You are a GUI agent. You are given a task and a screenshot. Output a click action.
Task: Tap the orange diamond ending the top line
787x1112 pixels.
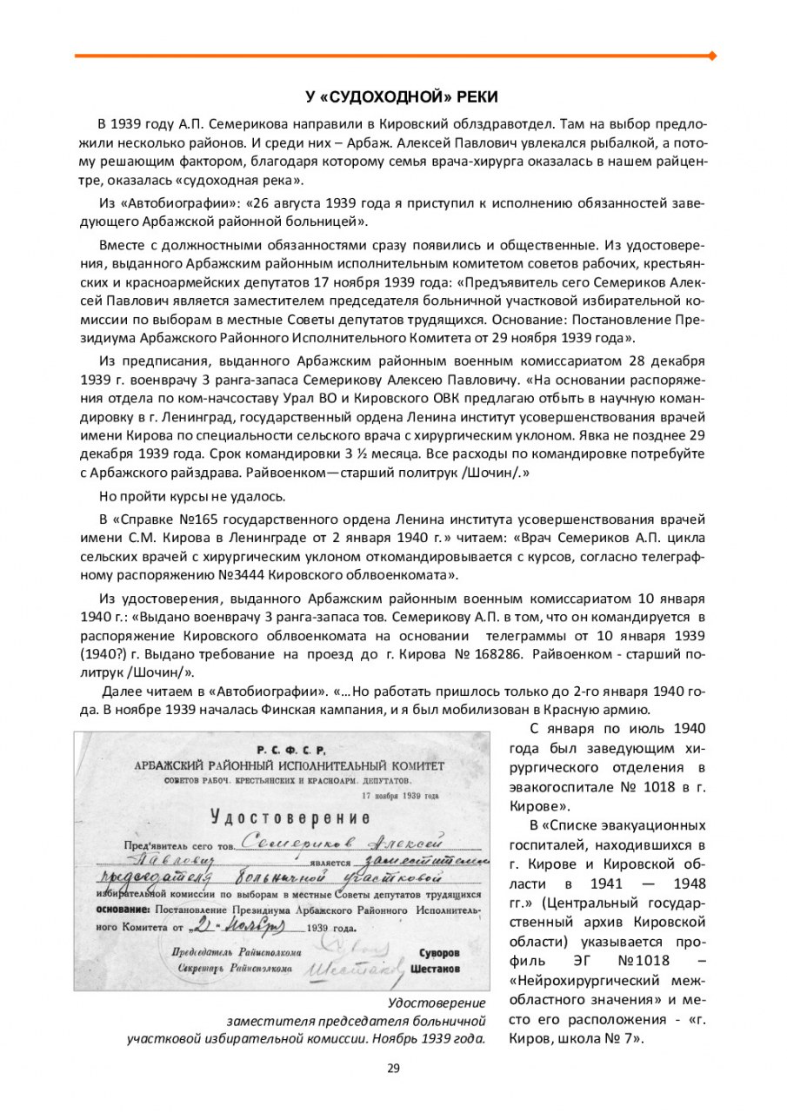coord(713,56)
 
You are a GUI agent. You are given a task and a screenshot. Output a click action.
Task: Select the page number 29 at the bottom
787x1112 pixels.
coord(393,1068)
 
